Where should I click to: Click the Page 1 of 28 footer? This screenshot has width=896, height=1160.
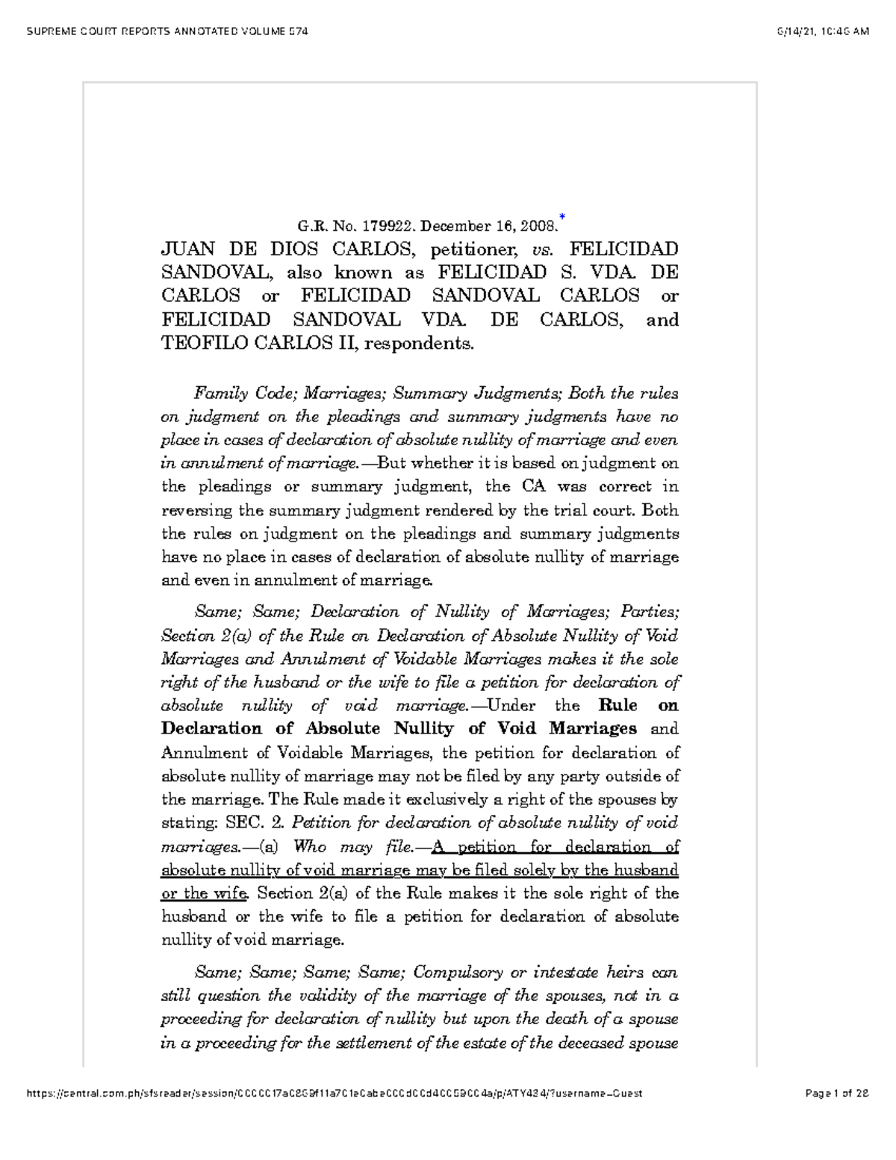pyautogui.click(x=837, y=1094)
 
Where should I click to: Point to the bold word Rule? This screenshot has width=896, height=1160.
pyautogui.click(x=618, y=706)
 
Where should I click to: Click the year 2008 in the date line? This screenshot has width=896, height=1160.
pyautogui.click(x=538, y=226)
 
